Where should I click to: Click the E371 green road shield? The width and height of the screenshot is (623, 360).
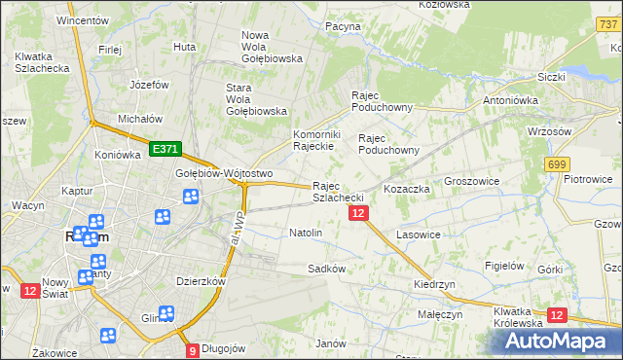165,149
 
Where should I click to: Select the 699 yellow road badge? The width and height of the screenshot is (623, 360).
557,165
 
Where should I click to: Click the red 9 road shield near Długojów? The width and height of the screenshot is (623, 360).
193,350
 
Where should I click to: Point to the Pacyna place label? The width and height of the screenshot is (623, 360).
343,26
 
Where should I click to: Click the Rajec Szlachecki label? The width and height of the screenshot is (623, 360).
338,192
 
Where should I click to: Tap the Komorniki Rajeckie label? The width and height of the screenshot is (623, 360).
314,140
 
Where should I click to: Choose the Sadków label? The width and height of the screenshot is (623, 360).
327,268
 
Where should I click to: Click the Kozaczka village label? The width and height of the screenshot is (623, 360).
407,188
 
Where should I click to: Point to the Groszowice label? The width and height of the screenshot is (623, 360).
471,181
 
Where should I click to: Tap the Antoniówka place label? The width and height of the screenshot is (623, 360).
512,99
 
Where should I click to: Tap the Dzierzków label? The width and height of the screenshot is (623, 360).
201,281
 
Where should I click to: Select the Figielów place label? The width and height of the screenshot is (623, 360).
505,265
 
